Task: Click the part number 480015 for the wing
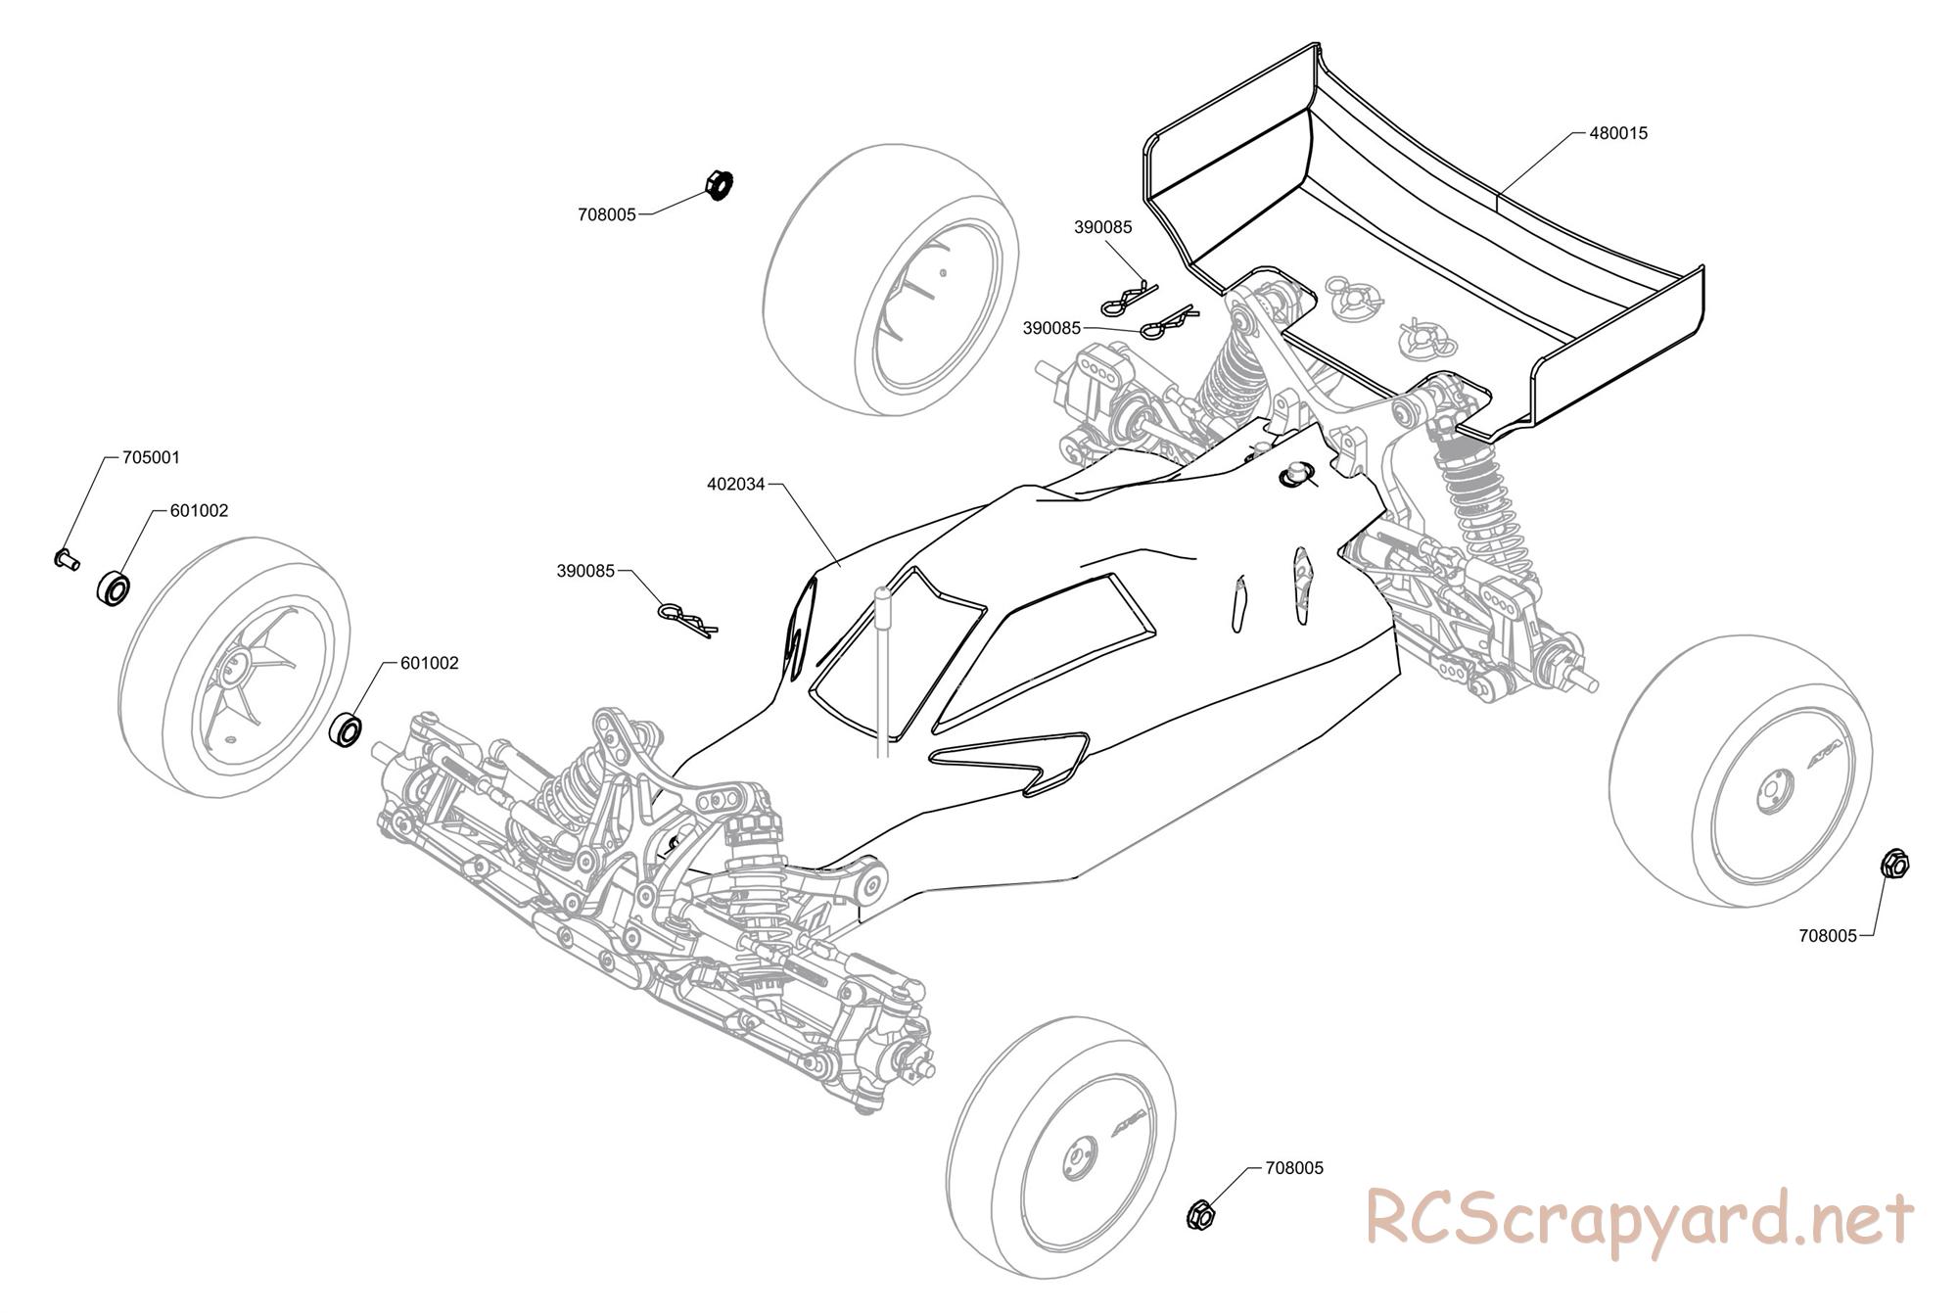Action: click(1618, 133)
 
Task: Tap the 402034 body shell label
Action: click(735, 484)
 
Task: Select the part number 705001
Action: click(151, 457)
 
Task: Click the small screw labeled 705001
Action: click(65, 559)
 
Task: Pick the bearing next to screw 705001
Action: click(114, 587)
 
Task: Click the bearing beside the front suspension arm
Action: click(347, 731)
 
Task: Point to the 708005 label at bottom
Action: click(1294, 1168)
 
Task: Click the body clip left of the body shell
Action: click(688, 619)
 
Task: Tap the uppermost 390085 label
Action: click(1102, 227)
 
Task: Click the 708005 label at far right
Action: click(1827, 935)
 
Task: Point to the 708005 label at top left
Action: click(607, 214)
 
